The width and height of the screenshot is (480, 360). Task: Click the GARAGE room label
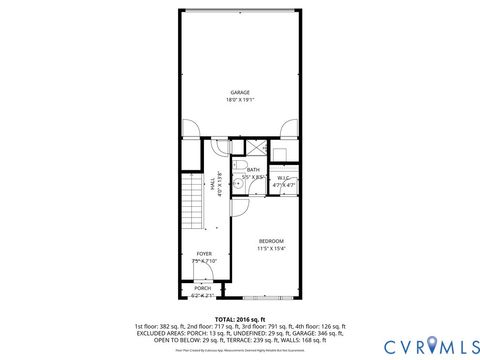(239, 91)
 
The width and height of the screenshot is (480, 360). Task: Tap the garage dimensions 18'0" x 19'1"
(239, 99)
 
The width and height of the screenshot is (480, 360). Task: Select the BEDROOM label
(271, 241)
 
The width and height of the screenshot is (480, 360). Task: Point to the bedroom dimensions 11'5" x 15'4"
(271, 249)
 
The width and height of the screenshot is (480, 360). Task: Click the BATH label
(254, 170)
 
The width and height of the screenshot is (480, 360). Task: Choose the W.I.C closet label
(284, 178)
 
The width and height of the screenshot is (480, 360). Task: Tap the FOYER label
(204, 254)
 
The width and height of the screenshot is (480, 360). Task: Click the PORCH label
(203, 287)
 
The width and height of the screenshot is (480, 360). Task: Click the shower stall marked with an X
(256, 148)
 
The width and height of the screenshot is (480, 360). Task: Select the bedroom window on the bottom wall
(269, 298)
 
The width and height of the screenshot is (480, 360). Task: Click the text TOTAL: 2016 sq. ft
(239, 318)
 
